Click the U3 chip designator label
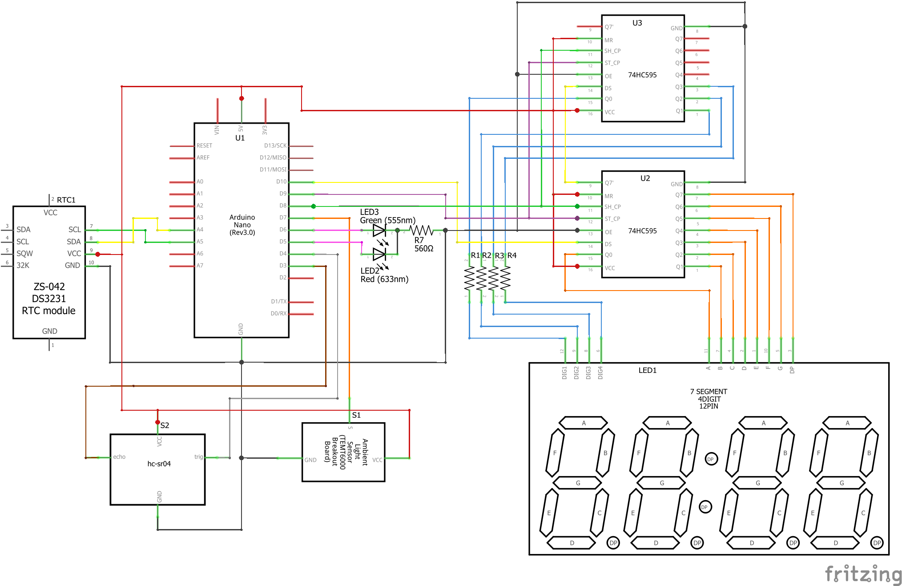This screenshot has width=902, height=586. click(x=637, y=23)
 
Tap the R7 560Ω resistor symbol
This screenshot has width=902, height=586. click(x=421, y=230)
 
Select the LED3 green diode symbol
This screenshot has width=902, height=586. click(x=379, y=230)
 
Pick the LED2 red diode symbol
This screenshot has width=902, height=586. click(x=379, y=254)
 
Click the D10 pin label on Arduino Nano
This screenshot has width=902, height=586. click(x=281, y=182)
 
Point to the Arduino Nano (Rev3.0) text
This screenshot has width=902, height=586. click(x=242, y=225)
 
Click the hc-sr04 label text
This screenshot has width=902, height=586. click(x=159, y=464)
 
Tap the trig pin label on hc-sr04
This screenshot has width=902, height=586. click(x=198, y=457)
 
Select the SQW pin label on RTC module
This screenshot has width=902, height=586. click(x=24, y=254)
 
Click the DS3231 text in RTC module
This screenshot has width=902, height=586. click(x=49, y=299)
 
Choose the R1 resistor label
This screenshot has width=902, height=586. click(x=475, y=255)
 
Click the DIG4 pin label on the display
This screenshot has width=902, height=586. click(x=600, y=373)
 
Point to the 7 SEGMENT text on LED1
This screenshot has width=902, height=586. click(x=709, y=392)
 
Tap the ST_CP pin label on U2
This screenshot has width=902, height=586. click(x=612, y=219)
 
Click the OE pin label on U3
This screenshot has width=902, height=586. click(x=608, y=76)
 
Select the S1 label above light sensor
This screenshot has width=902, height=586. click(x=356, y=415)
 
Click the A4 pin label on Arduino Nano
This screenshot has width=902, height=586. click(x=200, y=230)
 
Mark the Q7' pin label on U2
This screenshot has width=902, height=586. click(x=609, y=183)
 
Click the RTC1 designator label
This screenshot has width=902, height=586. click(x=66, y=200)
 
